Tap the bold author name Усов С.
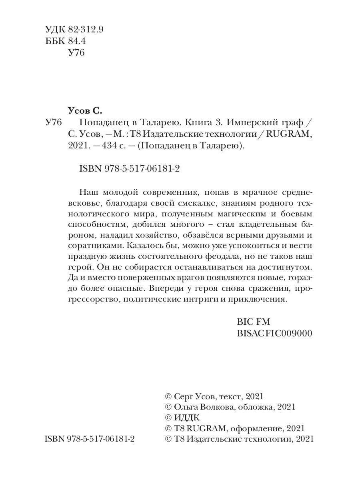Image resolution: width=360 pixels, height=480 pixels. coord(86,111)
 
